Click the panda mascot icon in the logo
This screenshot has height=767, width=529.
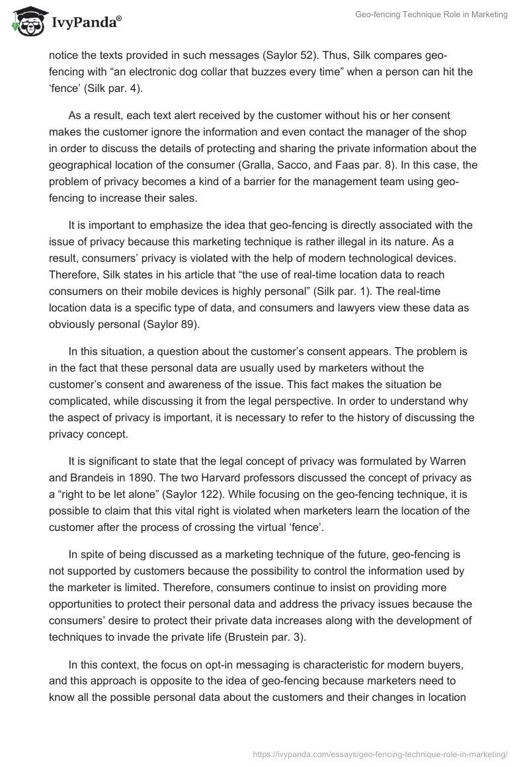point(26,22)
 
